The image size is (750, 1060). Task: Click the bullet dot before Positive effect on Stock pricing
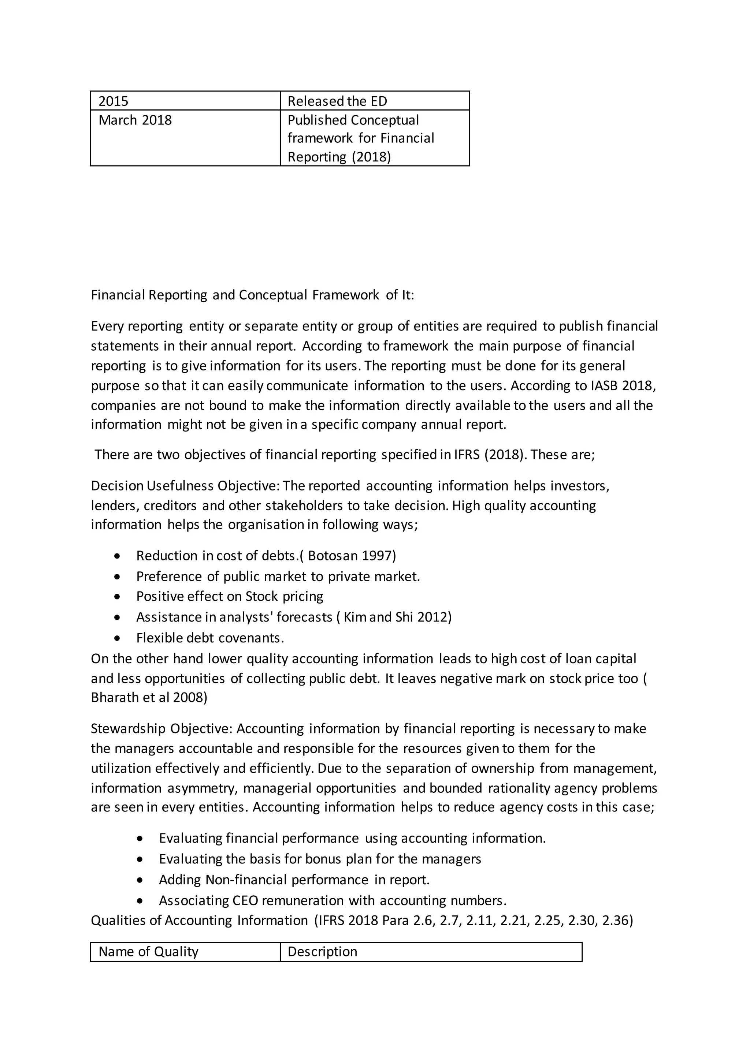point(118,597)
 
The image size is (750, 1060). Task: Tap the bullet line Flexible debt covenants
point(210,638)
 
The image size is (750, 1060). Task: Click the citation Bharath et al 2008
point(149,698)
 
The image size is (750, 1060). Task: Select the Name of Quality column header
point(148,952)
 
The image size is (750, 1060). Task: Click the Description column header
point(322,952)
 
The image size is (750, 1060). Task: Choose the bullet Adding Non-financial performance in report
point(294,880)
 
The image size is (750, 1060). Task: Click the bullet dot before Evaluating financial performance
point(140,839)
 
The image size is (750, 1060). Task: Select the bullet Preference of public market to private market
point(278,576)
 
